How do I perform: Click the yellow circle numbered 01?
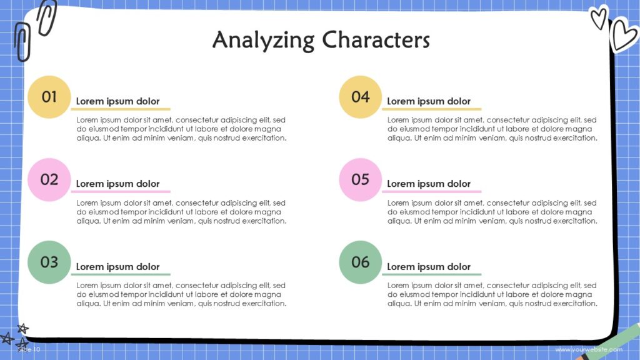pyautogui.click(x=49, y=97)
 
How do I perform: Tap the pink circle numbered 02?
pyautogui.click(x=49, y=179)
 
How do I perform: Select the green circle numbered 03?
pyautogui.click(x=49, y=262)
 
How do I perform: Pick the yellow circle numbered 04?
pyautogui.click(x=360, y=97)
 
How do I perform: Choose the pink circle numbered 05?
pyautogui.click(x=360, y=179)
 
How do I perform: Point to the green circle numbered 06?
pyautogui.click(x=360, y=262)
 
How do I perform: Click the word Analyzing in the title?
pyautogui.click(x=263, y=40)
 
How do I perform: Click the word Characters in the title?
pyautogui.click(x=376, y=40)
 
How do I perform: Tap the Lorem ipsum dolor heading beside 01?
pyautogui.click(x=117, y=101)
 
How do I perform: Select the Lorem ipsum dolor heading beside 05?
pyautogui.click(x=429, y=184)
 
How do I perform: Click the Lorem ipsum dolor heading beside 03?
pyautogui.click(x=117, y=267)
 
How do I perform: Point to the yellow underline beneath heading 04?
pyautogui.click(x=431, y=109)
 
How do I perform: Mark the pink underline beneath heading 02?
pyautogui.click(x=121, y=192)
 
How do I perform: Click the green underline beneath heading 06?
pyautogui.click(x=431, y=274)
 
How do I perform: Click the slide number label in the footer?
pyautogui.click(x=29, y=349)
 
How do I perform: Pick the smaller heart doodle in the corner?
pyautogui.click(x=599, y=17)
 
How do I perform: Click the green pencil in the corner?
pyautogui.click(x=616, y=343)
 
